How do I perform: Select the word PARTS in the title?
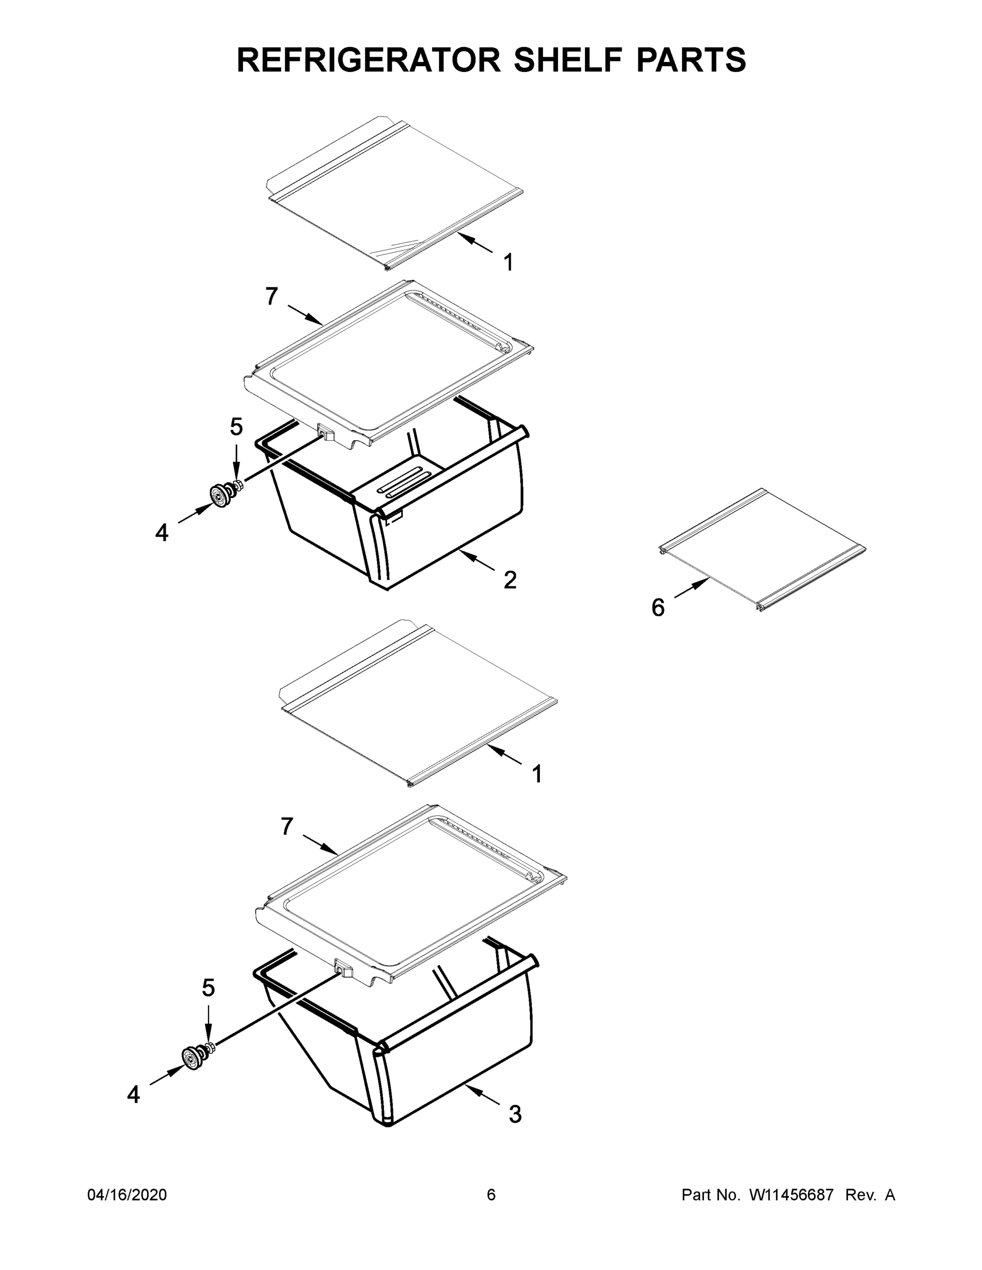pos(690,60)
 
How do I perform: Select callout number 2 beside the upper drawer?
pos(510,580)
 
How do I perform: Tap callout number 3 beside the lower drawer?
pos(515,1114)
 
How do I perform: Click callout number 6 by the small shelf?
pos(658,607)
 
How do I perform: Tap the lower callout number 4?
pos(133,1095)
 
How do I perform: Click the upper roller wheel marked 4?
pos(219,495)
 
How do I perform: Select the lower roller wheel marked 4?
pos(191,1056)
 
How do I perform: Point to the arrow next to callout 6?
pos(691,588)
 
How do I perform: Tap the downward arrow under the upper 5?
pos(236,462)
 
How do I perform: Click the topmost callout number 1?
pos(508,263)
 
